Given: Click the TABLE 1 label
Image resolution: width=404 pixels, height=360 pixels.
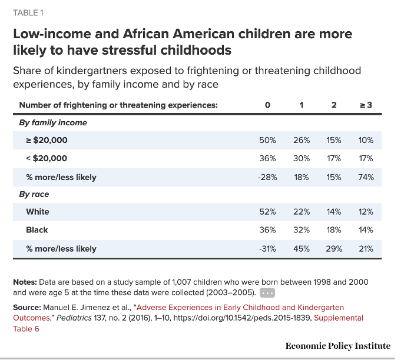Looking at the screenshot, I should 28,13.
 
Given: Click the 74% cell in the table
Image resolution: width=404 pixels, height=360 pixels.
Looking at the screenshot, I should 366,177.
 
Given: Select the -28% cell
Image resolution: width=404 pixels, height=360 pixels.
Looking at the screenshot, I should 267,177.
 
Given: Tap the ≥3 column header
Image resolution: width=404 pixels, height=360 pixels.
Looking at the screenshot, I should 366,105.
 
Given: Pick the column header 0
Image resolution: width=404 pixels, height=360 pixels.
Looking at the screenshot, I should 267,105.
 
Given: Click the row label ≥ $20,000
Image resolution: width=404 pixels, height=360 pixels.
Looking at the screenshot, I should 47,140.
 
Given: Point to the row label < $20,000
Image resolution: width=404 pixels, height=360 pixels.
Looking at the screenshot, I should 47,158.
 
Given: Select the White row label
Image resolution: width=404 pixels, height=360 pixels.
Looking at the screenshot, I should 38,212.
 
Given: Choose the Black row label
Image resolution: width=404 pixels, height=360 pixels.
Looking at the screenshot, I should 37,230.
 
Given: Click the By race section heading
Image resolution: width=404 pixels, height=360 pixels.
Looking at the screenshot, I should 34,194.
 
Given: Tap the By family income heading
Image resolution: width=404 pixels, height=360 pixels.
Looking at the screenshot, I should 53,122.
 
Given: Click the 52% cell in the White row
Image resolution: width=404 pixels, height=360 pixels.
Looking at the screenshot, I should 267,212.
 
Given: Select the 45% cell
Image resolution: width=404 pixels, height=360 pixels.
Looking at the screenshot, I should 301,249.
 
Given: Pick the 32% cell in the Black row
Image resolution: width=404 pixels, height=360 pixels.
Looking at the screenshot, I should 301,230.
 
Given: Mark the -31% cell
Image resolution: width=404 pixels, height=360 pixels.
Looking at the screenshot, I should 267,249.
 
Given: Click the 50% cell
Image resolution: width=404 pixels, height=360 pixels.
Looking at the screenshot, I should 267,140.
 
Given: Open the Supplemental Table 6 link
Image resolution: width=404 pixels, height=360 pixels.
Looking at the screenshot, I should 339,318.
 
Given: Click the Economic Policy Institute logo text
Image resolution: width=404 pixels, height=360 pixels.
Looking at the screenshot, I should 337,346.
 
